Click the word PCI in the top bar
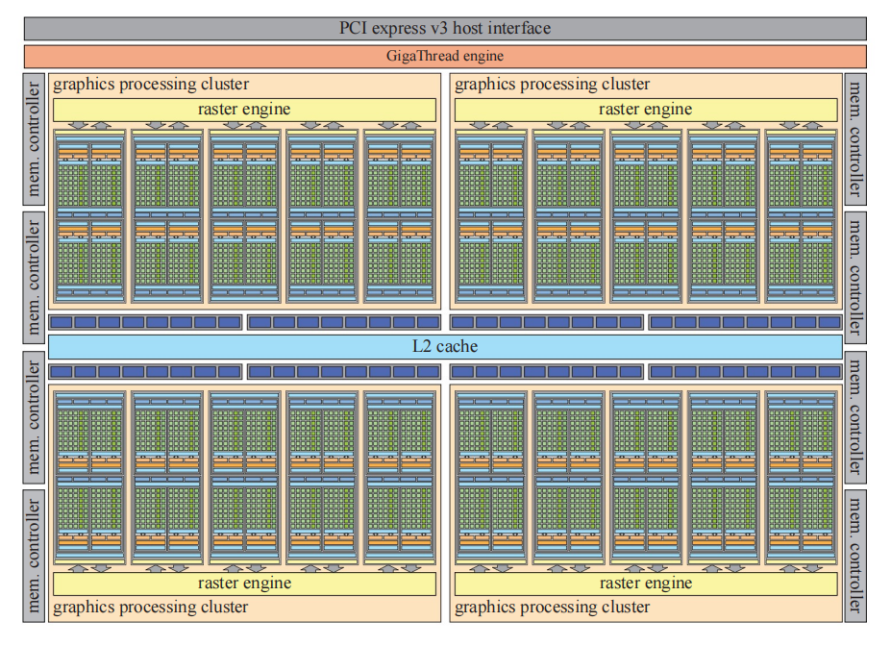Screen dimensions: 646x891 click(x=357, y=28)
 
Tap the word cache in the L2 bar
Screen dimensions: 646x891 click(x=458, y=346)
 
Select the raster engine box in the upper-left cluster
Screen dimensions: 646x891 click(x=243, y=110)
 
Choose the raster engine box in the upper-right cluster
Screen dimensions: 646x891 click(x=645, y=110)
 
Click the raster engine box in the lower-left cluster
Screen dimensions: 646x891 click(x=243, y=584)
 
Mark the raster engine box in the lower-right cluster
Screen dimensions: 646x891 click(x=645, y=584)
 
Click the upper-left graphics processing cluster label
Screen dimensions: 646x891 click(x=151, y=85)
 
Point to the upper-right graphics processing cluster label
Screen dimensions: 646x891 click(x=553, y=85)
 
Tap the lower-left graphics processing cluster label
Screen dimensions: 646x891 click(x=151, y=608)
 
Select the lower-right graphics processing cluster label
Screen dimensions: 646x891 click(x=553, y=608)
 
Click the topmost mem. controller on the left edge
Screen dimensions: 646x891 click(x=34, y=139)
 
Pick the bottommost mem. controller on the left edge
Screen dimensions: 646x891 click(x=34, y=555)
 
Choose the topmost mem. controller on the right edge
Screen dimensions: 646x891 click(x=854, y=139)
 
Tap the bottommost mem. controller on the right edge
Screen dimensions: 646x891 click(x=854, y=555)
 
